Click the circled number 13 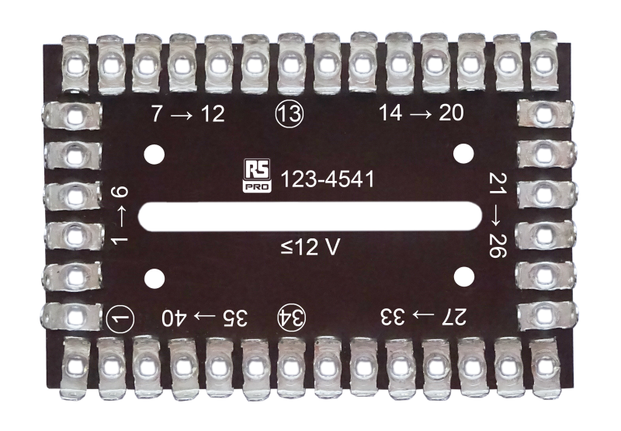click(x=290, y=114)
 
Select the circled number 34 click(x=293, y=317)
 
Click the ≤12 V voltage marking click(x=311, y=249)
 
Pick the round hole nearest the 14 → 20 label click(x=463, y=152)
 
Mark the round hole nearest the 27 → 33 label click(x=463, y=276)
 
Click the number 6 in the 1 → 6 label click(x=120, y=193)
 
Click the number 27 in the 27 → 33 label click(x=455, y=317)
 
